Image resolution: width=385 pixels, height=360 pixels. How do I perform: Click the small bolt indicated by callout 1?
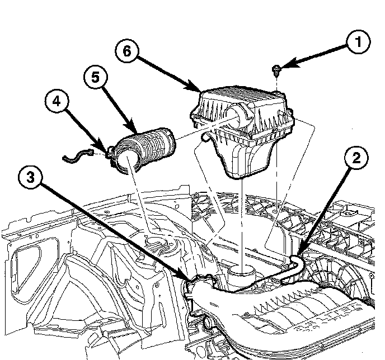[x=276, y=70]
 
